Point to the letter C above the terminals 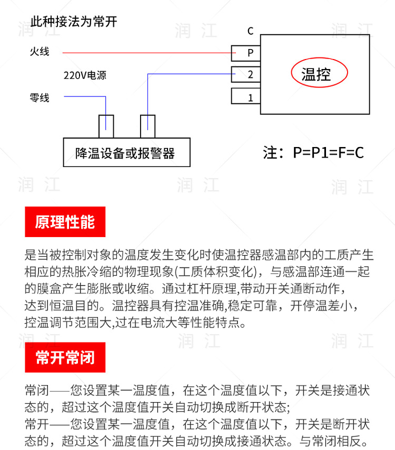click(x=251, y=31)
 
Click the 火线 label click(x=39, y=52)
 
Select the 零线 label click(x=39, y=97)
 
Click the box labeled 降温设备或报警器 click(x=126, y=153)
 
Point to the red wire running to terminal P click(x=147, y=53)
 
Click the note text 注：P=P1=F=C click(x=313, y=153)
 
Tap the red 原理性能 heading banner click(x=65, y=222)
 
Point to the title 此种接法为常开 click(x=74, y=22)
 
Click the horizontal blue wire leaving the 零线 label click(x=84, y=96)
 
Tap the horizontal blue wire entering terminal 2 click(x=190, y=74)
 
